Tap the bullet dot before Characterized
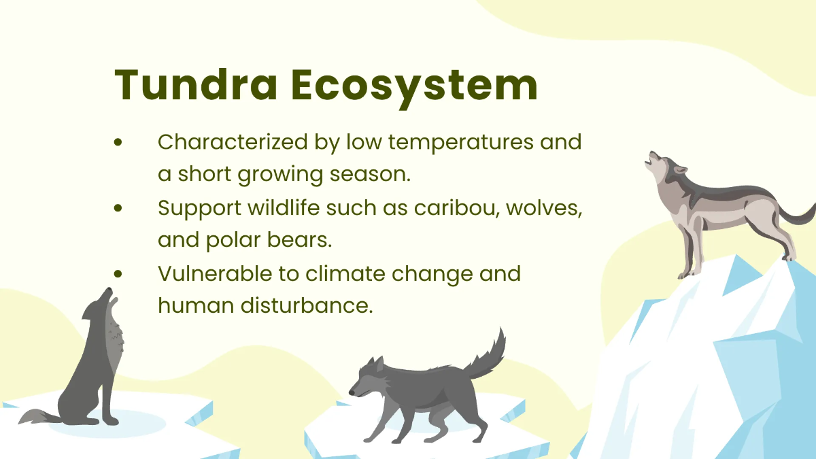tap(119, 143)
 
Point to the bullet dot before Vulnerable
tap(119, 273)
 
